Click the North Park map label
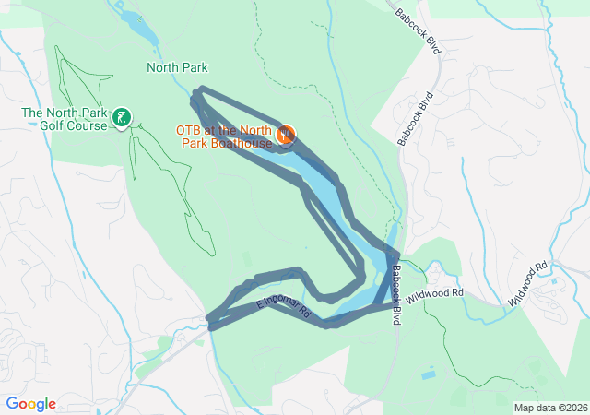coord(177,67)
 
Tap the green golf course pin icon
coord(122,117)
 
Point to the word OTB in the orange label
coord(189,130)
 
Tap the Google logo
coord(30,404)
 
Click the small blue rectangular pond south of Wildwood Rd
coord(427,375)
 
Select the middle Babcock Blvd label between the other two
coord(415,118)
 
